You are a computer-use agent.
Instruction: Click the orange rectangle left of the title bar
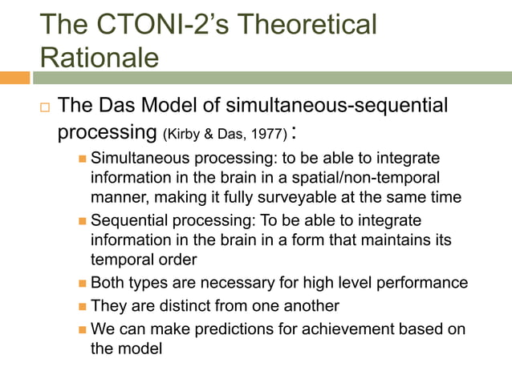pos(14,78)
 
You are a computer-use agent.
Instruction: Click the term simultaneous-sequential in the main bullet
pos(346,107)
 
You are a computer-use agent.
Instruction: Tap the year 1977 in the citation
pos(265,132)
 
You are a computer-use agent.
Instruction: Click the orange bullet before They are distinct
pos(82,305)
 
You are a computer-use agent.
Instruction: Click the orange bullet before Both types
pos(82,282)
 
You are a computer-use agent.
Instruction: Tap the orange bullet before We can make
pos(82,329)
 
